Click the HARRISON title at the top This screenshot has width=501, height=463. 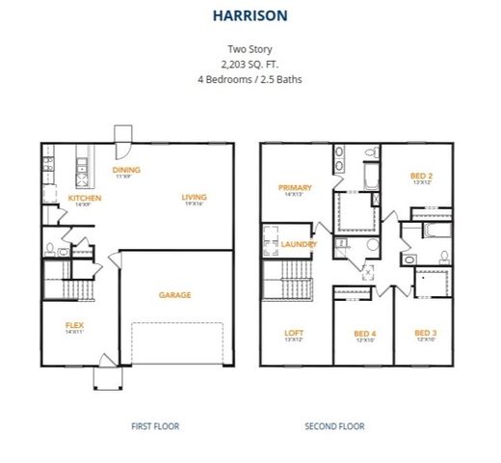point(250,15)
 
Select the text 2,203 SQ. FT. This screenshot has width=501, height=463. point(250,63)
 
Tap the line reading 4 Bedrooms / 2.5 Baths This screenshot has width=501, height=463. point(250,78)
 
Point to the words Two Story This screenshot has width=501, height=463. point(250,47)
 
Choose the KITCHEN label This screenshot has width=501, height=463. point(85,198)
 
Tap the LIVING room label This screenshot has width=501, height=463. point(194,198)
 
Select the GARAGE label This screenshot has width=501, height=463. point(174,294)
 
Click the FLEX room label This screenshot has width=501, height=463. point(74,325)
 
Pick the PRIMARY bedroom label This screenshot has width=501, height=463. point(293,187)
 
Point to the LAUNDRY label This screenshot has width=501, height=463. point(300,244)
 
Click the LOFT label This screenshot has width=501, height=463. point(293,333)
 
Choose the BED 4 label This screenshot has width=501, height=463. point(364,333)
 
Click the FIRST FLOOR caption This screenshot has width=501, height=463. point(155,425)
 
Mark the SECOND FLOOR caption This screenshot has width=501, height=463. point(334,425)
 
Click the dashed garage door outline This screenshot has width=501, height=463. point(177,343)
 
